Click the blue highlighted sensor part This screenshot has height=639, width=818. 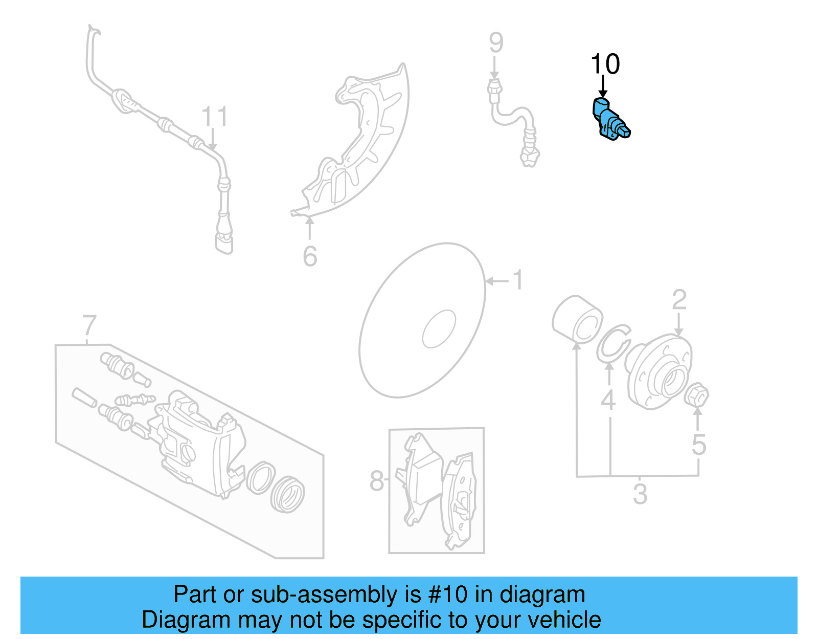[610, 121]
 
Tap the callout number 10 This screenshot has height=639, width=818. [605, 64]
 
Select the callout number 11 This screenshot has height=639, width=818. [214, 117]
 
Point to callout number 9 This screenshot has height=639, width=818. [495, 43]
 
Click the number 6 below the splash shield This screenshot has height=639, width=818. [310, 256]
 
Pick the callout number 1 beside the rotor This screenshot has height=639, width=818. [518, 280]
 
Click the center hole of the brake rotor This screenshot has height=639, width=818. [439, 329]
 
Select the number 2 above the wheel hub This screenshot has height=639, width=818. [679, 300]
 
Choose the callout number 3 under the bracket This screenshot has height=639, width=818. [640, 494]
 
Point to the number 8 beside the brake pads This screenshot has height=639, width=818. [377, 481]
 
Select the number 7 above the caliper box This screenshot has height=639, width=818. [89, 325]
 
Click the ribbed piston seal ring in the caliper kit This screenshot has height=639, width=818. [288, 494]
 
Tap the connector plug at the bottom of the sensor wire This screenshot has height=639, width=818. [224, 241]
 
